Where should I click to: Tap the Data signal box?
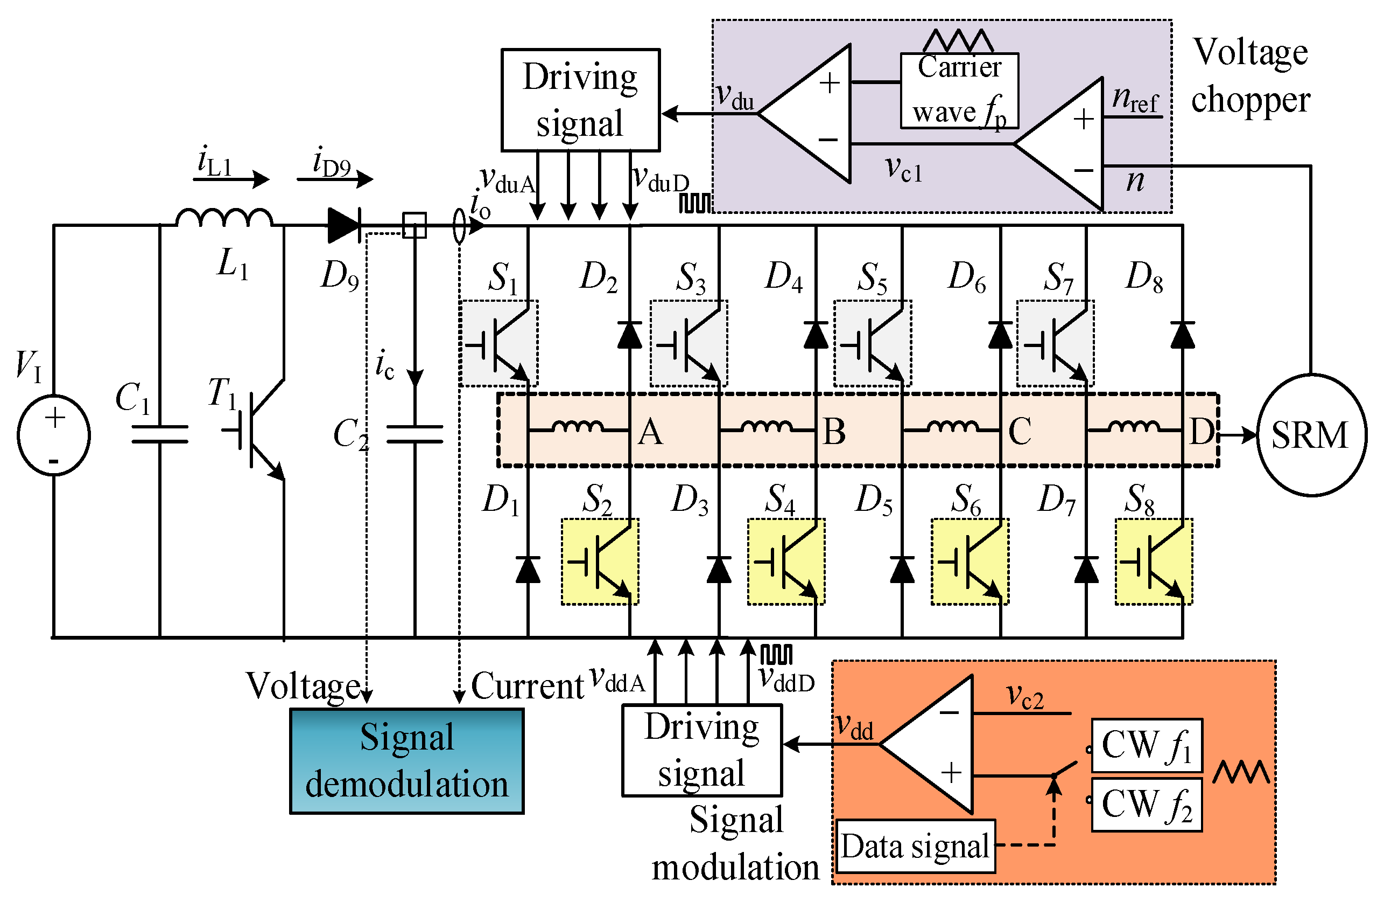(915, 847)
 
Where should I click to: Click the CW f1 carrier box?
(1147, 746)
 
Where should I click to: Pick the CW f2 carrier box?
(1147, 805)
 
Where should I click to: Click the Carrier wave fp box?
(959, 91)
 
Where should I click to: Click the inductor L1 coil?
(224, 218)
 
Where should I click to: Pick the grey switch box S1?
(498, 343)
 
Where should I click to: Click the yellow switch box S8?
(1154, 562)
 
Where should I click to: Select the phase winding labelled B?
(767, 428)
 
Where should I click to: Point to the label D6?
(967, 277)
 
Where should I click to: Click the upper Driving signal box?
(580, 100)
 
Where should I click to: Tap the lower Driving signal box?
(702, 750)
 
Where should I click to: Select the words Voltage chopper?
(1251, 75)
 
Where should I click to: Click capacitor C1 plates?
(160, 434)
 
